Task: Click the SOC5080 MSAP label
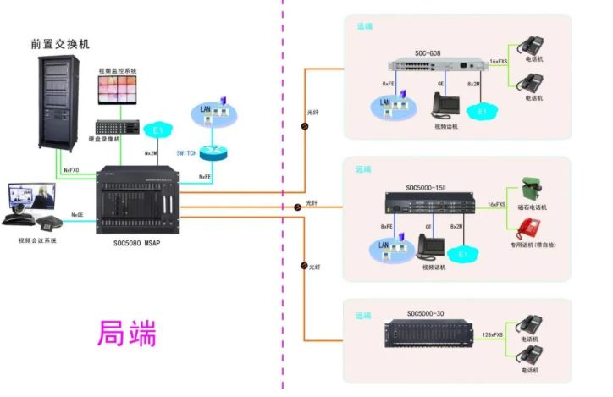137,241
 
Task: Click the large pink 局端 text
128,333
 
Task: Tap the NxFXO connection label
71,171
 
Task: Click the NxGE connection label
77,215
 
